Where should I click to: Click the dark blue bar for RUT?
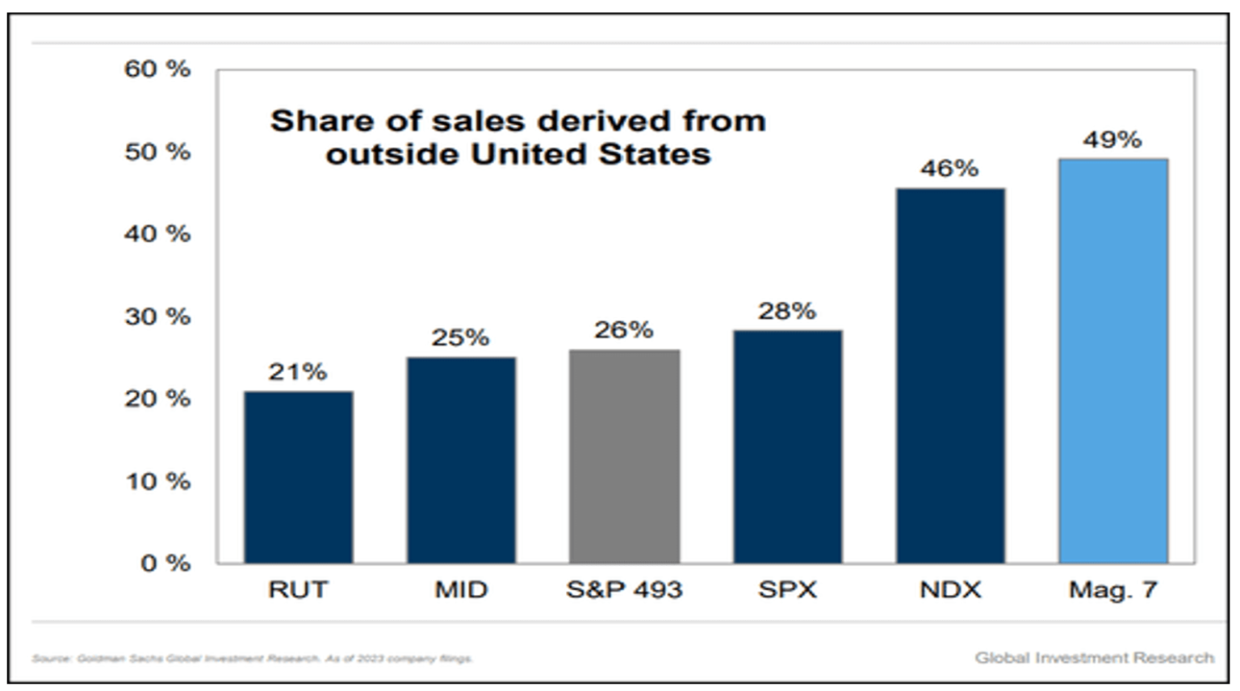click(x=298, y=477)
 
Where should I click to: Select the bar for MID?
click(x=461, y=460)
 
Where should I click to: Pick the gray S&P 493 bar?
click(x=624, y=456)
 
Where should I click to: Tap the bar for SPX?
click(x=787, y=446)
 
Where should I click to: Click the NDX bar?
click(x=950, y=375)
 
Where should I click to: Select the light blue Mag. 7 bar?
click(x=1113, y=361)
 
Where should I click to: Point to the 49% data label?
click(x=1112, y=140)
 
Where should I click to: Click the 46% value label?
click(x=949, y=169)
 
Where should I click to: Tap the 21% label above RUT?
click(x=298, y=372)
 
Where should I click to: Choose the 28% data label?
click(x=786, y=311)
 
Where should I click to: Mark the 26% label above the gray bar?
click(x=623, y=329)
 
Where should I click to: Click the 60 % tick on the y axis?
click(x=157, y=69)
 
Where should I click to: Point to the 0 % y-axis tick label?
click(x=165, y=563)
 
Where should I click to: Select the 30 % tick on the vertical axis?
click(x=157, y=316)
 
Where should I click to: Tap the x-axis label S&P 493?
click(x=624, y=590)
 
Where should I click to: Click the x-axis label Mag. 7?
click(x=1113, y=590)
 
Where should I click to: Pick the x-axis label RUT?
click(x=298, y=590)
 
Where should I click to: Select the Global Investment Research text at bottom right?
click(x=1094, y=658)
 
